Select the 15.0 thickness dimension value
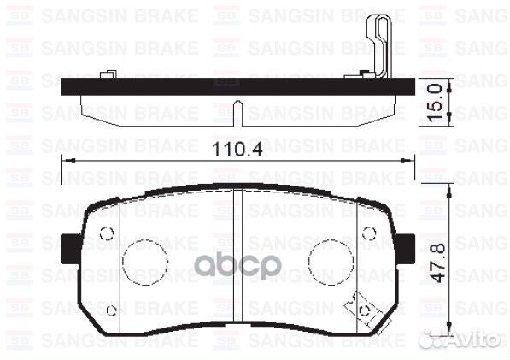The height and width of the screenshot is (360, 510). click(x=436, y=102)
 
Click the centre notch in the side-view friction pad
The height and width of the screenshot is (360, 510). click(x=242, y=112)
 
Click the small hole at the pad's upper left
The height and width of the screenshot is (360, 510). click(x=107, y=233)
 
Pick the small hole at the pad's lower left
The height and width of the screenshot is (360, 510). click(x=111, y=310)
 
